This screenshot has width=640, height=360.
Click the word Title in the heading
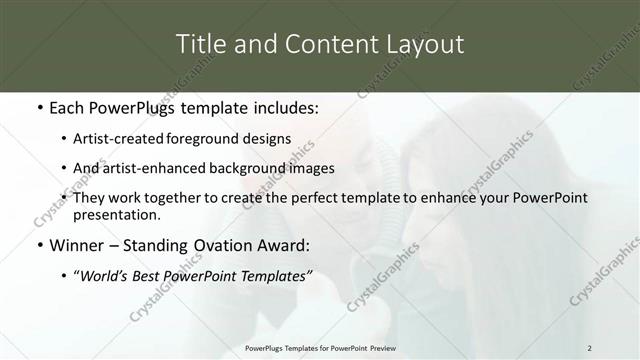[200, 44]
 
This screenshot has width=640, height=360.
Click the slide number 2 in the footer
[589, 347]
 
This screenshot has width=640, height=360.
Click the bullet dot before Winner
[39, 245]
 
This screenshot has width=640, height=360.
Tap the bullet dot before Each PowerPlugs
[39, 107]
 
